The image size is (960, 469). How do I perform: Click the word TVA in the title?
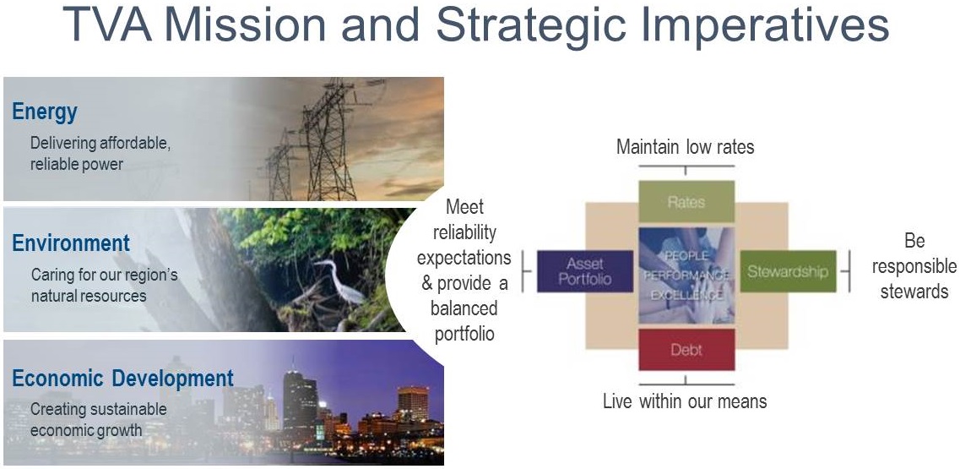(x=108, y=24)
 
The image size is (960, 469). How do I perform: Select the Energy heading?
(x=45, y=112)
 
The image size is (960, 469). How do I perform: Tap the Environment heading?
(x=71, y=243)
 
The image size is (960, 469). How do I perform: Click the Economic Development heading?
(x=123, y=379)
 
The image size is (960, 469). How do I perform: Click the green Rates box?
(x=686, y=202)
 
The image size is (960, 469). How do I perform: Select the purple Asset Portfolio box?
(x=584, y=271)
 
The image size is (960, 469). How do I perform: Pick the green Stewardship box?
(x=788, y=271)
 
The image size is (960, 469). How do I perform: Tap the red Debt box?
(x=686, y=350)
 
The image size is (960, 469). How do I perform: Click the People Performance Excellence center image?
(x=686, y=275)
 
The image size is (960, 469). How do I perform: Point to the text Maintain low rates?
(x=685, y=147)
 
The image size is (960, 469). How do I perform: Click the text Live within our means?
(x=685, y=401)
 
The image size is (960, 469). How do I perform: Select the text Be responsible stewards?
(x=914, y=266)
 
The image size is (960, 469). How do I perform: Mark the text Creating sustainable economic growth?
(x=98, y=419)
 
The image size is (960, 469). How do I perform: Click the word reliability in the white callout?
(x=464, y=233)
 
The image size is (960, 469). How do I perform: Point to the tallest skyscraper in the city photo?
(x=300, y=399)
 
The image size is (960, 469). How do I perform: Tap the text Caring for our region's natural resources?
(x=104, y=285)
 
